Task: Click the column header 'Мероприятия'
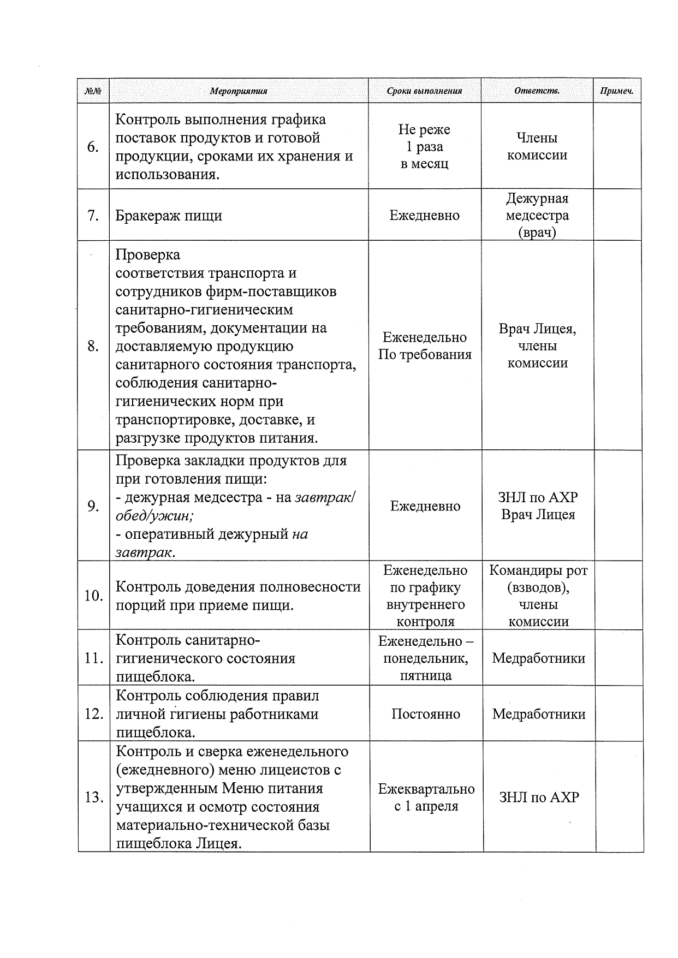click(x=239, y=91)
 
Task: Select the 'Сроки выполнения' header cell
click(x=424, y=91)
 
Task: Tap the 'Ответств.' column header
click(x=537, y=91)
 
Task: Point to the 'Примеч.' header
click(x=617, y=91)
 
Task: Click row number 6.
click(x=93, y=147)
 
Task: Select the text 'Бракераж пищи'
click(x=169, y=216)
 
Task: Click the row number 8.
click(x=93, y=346)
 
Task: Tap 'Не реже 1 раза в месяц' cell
click(x=424, y=146)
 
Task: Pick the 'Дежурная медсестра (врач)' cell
click(x=537, y=215)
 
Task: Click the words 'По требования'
click(x=425, y=355)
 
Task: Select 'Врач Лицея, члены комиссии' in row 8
click(x=538, y=346)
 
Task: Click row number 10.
click(x=93, y=596)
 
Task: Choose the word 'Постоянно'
click(x=426, y=714)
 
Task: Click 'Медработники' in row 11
click(x=539, y=658)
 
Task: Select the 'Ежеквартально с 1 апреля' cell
click(x=426, y=798)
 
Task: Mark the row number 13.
click(x=94, y=798)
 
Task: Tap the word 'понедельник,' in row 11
click(x=426, y=658)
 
